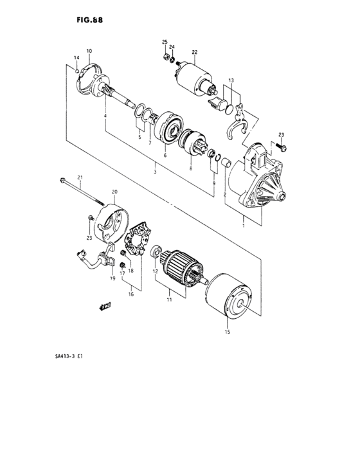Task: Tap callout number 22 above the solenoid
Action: (194, 52)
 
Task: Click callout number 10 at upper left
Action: (89, 51)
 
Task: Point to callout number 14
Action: (76, 59)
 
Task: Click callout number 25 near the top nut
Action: (165, 42)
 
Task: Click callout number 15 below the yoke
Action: (226, 332)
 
